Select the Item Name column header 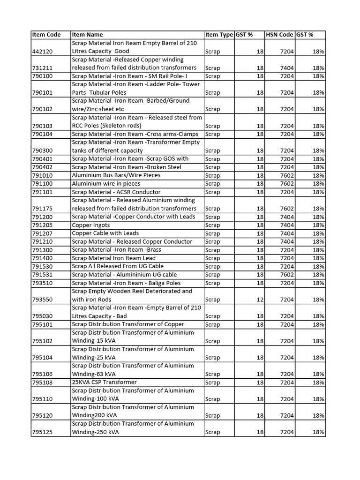(87, 34)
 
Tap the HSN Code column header (279, 34)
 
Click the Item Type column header (218, 34)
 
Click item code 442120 (42, 51)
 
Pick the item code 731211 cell (42, 68)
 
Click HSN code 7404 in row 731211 (287, 68)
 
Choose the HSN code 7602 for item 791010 (287, 175)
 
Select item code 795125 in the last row (42, 432)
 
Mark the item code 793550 (42, 300)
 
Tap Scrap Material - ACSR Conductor (116, 192)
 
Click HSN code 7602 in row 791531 (287, 275)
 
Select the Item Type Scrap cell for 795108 (212, 382)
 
